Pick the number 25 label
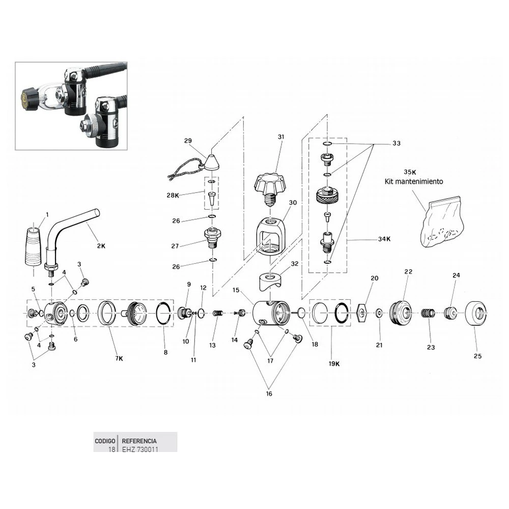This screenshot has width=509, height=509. (x=477, y=356)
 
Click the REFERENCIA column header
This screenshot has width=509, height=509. (x=139, y=441)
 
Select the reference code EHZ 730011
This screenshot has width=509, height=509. (x=139, y=449)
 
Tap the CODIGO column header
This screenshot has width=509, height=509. (x=105, y=441)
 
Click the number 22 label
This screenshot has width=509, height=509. (x=408, y=272)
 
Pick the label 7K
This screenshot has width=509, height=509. (x=119, y=358)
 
